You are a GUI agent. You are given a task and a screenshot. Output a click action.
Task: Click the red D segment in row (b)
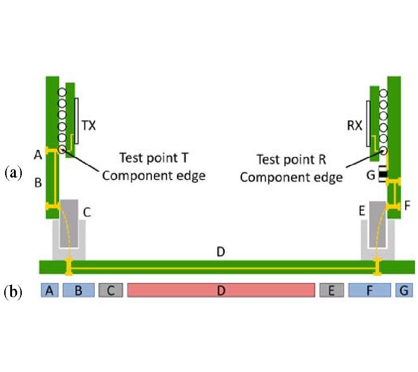coord(221,291)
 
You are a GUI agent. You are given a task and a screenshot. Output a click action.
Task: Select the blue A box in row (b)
coord(49,291)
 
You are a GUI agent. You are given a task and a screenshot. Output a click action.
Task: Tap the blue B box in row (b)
coord(78,291)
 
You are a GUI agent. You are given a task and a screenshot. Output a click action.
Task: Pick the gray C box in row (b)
coord(111,291)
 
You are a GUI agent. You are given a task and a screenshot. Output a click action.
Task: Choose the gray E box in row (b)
coord(332,291)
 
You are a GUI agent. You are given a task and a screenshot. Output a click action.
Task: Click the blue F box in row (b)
coord(370,291)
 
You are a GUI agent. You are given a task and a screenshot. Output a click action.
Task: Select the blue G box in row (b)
coord(404,291)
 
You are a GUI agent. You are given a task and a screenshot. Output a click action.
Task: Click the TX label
coord(88,126)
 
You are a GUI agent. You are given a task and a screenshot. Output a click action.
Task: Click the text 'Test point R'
coord(292,159)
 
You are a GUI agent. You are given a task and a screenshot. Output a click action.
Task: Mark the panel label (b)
coord(13,292)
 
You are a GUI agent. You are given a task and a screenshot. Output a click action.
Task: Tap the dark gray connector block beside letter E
coord(377,224)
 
